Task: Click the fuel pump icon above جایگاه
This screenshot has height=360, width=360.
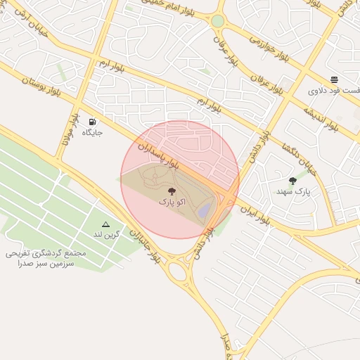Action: pyautogui.click(x=93, y=122)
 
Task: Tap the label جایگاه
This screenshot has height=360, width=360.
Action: pyautogui.click(x=93, y=132)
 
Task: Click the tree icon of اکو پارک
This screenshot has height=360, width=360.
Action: pyautogui.click(x=172, y=191)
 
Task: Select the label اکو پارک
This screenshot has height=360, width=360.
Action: pyautogui.click(x=172, y=202)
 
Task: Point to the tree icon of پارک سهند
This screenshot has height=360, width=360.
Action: pyautogui.click(x=292, y=181)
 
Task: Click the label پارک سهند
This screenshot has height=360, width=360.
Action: pyautogui.click(x=293, y=191)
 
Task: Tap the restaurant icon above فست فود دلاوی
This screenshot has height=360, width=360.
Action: pyautogui.click(x=334, y=79)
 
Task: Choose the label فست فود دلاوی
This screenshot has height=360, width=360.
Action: pyautogui.click(x=334, y=91)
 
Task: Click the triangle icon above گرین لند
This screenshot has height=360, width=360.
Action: pyautogui.click(x=106, y=224)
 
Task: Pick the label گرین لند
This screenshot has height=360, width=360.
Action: pyautogui.click(x=107, y=234)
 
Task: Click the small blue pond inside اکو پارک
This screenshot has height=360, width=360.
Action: pyautogui.click(x=205, y=210)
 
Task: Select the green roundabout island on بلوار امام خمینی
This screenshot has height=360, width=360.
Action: pyautogui.click(x=218, y=21)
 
